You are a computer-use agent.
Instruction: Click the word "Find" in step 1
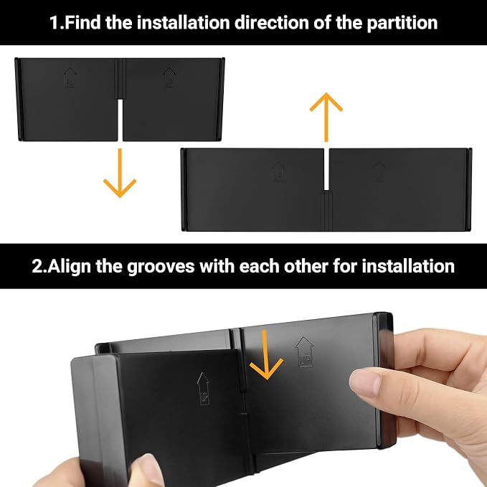[x=83, y=22]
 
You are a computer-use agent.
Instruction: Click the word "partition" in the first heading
[x=402, y=23]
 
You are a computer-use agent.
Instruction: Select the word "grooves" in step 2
[x=161, y=267]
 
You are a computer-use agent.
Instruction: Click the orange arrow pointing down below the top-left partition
[x=120, y=173]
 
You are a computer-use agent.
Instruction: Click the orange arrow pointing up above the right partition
[x=326, y=117]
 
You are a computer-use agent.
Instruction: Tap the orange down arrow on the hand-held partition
[x=265, y=354]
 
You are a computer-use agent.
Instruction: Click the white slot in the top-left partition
[x=120, y=120]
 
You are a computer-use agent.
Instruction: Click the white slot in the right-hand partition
[x=326, y=169]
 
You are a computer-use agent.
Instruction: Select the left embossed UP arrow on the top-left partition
[x=70, y=77]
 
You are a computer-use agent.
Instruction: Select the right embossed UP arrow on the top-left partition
[x=169, y=77]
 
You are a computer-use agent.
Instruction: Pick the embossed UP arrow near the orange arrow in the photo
[x=304, y=351]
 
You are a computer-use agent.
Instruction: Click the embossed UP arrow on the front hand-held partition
[x=204, y=389]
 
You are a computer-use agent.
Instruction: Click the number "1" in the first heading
[x=54, y=23]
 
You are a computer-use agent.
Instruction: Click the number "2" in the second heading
[x=38, y=267]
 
